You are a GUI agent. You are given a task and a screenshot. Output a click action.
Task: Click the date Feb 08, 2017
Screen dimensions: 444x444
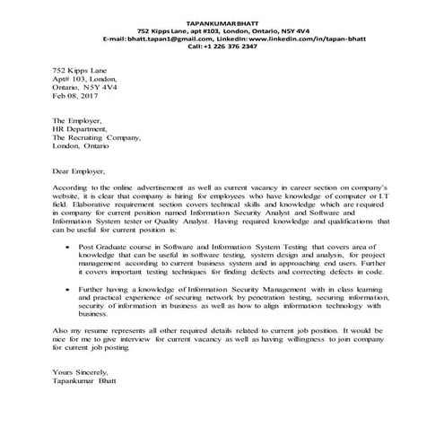coord(74,95)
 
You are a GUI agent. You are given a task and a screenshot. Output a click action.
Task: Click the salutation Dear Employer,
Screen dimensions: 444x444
coord(79,170)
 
